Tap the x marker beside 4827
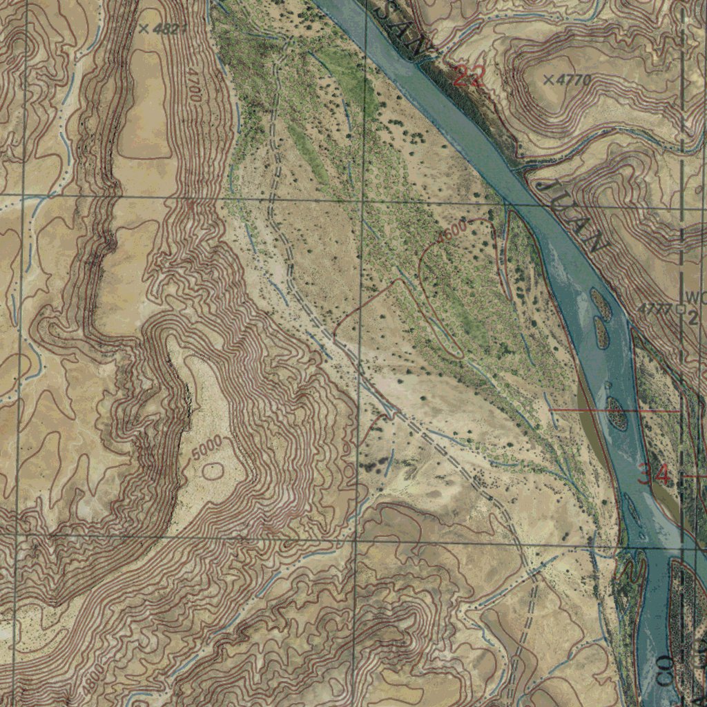[x=144, y=28]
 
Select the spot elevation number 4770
[x=574, y=80]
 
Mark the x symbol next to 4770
[x=548, y=80]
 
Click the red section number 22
[x=469, y=76]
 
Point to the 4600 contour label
[x=454, y=231]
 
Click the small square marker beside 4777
[x=681, y=310]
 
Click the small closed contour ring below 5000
[x=213, y=471]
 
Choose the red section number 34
[x=653, y=474]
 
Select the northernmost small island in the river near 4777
[x=600, y=304]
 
